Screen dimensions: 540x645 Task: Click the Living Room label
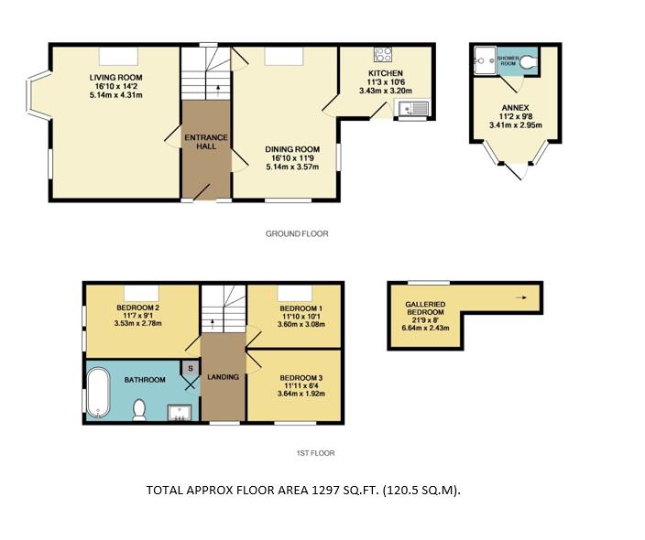(x=115, y=77)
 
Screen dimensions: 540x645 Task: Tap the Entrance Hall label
(x=206, y=144)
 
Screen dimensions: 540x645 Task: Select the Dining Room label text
(x=292, y=149)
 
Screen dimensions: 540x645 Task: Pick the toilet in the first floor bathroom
(x=140, y=410)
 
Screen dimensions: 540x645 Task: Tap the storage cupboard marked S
(x=190, y=368)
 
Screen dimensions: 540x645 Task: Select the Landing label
(x=223, y=377)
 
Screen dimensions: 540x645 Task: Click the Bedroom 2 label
(x=138, y=308)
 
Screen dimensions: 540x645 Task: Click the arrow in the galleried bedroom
(x=521, y=297)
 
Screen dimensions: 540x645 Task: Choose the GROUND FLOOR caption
(x=297, y=233)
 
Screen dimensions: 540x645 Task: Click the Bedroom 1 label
(x=301, y=308)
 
